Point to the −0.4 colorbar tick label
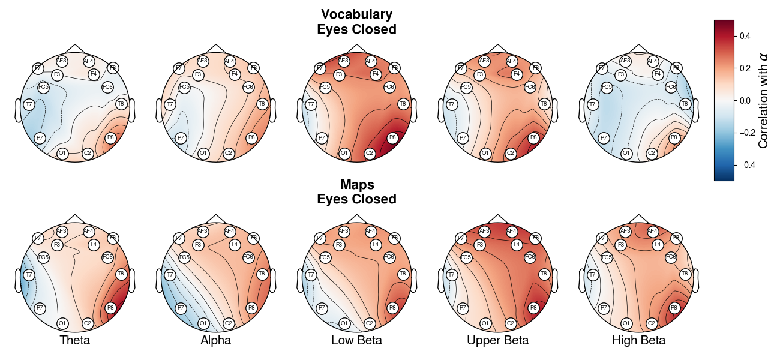click(x=743, y=165)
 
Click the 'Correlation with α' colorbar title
click(x=763, y=101)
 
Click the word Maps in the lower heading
click(x=356, y=185)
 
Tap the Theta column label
click(x=75, y=341)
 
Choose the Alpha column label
click(x=216, y=341)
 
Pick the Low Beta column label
click(x=356, y=341)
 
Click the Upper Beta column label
click(x=497, y=341)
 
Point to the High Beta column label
click(x=638, y=341)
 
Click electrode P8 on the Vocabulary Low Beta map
click(x=392, y=137)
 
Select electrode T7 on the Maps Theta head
click(x=28, y=275)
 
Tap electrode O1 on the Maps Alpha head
click(x=203, y=323)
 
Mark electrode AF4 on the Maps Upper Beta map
click(x=511, y=230)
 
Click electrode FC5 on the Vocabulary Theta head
click(x=43, y=87)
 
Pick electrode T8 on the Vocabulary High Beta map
click(x=685, y=104)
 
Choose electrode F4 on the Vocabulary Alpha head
click(x=235, y=74)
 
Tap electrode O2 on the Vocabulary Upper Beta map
click(x=511, y=154)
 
